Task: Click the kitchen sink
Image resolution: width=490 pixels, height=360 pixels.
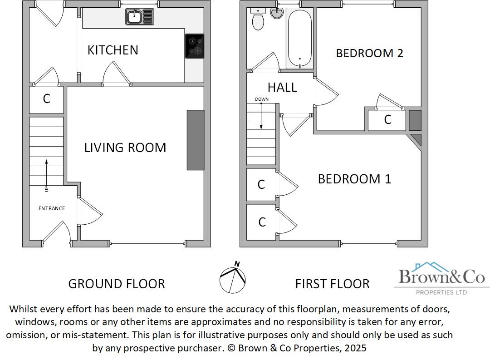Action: tap(140, 18)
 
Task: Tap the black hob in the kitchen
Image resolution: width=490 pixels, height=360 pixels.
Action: tap(195, 46)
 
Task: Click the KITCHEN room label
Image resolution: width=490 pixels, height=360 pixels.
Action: tap(113, 50)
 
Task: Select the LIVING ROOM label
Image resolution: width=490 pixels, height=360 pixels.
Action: tap(125, 148)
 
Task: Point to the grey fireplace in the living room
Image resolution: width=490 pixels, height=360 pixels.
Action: tap(196, 140)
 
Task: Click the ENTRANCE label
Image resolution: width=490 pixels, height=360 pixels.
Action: tap(51, 208)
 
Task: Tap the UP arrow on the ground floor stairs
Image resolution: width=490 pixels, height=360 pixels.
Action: tap(46, 173)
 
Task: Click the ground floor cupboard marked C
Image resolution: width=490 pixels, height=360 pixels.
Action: tap(46, 99)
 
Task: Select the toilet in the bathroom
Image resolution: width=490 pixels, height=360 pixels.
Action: tap(258, 19)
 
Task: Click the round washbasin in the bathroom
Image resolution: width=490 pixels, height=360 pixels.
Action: tap(276, 13)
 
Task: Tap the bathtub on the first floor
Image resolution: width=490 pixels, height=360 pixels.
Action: tap(299, 38)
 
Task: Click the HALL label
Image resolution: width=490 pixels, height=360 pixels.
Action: tap(282, 87)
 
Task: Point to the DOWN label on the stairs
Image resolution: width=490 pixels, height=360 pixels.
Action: tap(262, 99)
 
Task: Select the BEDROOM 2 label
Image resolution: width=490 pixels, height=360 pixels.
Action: tap(369, 53)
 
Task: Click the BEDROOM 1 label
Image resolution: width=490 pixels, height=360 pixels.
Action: tap(354, 179)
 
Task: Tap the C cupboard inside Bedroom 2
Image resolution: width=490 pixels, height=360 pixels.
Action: tap(387, 120)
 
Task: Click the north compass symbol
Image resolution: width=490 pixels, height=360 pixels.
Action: tap(233, 278)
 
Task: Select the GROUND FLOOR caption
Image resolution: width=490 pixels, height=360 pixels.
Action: tap(117, 284)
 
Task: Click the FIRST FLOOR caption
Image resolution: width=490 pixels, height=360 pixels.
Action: tap(332, 284)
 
